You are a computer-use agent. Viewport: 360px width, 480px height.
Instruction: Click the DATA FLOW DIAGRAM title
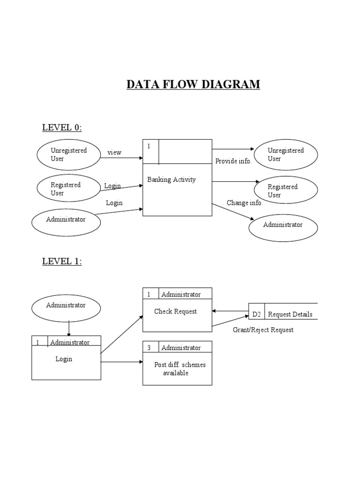pyautogui.click(x=193, y=85)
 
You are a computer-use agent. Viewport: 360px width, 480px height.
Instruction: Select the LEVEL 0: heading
pyautogui.click(x=62, y=127)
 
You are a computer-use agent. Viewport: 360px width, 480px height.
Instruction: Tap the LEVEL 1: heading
pyautogui.click(x=62, y=262)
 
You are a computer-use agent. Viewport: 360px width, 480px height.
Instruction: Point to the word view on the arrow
pyautogui.click(x=114, y=153)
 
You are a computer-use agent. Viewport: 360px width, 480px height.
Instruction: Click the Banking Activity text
pyautogui.click(x=171, y=180)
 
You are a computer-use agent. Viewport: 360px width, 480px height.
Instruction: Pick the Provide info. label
pyautogui.click(x=233, y=161)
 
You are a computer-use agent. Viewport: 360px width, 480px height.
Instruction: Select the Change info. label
pyautogui.click(x=245, y=203)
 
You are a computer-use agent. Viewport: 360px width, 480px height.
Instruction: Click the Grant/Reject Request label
pyautogui.click(x=263, y=330)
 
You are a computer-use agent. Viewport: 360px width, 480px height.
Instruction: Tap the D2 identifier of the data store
pyautogui.click(x=256, y=315)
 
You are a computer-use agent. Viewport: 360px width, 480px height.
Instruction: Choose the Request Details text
pyautogui.click(x=290, y=315)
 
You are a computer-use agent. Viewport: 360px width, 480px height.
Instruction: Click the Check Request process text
pyautogui.click(x=175, y=311)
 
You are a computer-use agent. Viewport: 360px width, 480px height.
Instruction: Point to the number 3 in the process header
pyautogui.click(x=149, y=348)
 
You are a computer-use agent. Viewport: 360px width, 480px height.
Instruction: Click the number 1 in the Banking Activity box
pyautogui.click(x=149, y=147)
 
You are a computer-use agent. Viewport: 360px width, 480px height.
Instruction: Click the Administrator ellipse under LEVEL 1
pyautogui.click(x=66, y=306)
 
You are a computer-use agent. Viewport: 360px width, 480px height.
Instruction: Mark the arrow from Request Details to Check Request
pyautogui.click(x=230, y=311)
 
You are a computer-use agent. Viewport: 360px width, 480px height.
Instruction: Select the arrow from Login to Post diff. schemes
pyautogui.click(x=122, y=362)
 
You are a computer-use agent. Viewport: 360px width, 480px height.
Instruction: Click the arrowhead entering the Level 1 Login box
pyautogui.click(x=69, y=334)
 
